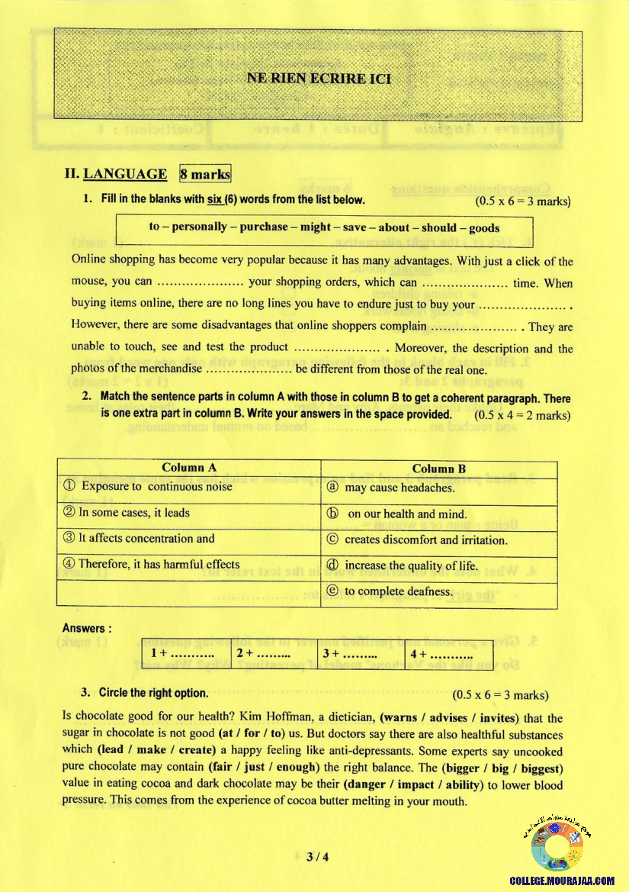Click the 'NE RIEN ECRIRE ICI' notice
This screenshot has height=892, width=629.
[x=319, y=79]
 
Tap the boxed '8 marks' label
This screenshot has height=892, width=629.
[x=205, y=174]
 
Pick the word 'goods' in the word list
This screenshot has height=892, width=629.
[x=484, y=227]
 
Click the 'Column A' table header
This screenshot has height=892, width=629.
[x=189, y=468]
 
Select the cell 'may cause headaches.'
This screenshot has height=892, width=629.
[x=400, y=488]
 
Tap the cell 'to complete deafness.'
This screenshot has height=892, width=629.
[x=399, y=591]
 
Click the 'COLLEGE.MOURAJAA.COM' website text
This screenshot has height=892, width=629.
[x=561, y=881]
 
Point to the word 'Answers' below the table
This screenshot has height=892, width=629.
[x=86, y=629]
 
